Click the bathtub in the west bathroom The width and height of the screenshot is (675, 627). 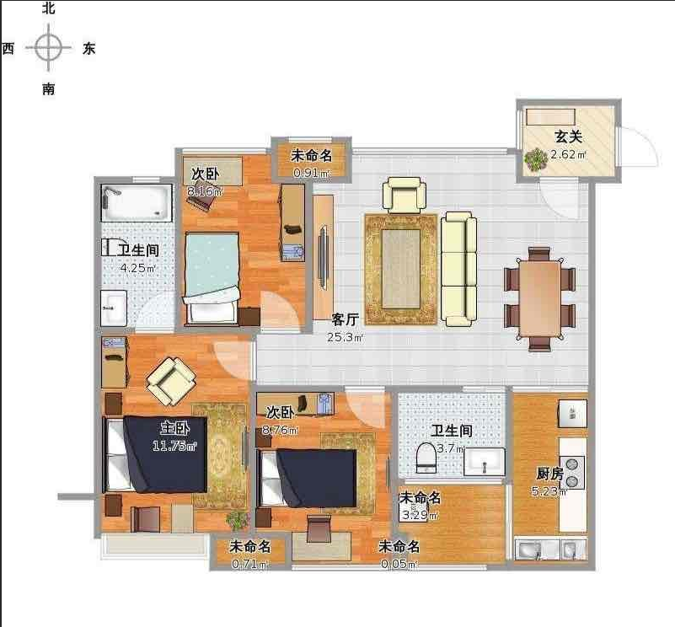click(137, 202)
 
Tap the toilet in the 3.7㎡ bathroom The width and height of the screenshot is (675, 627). click(426, 458)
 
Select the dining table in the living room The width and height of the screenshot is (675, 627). click(539, 299)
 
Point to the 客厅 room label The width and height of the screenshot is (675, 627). click(346, 319)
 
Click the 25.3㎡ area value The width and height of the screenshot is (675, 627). click(346, 337)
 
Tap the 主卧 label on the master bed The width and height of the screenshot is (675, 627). click(174, 427)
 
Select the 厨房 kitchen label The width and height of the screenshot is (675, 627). click(549, 474)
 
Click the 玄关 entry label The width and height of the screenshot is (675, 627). click(568, 137)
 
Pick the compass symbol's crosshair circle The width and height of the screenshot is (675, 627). click(48, 47)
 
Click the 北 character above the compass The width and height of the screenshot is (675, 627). click(48, 8)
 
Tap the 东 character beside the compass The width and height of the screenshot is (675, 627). click(88, 48)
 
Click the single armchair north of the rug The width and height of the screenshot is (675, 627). click(404, 195)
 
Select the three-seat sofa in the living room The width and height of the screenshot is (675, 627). click(459, 268)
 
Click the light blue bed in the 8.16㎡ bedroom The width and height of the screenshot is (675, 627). click(212, 278)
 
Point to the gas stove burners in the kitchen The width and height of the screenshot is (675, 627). click(572, 473)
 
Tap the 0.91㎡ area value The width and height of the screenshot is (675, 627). click(312, 173)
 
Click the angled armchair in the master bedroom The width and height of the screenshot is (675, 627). click(171, 381)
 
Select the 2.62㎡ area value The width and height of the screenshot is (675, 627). click(568, 154)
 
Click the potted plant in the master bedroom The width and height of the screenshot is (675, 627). click(237, 520)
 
